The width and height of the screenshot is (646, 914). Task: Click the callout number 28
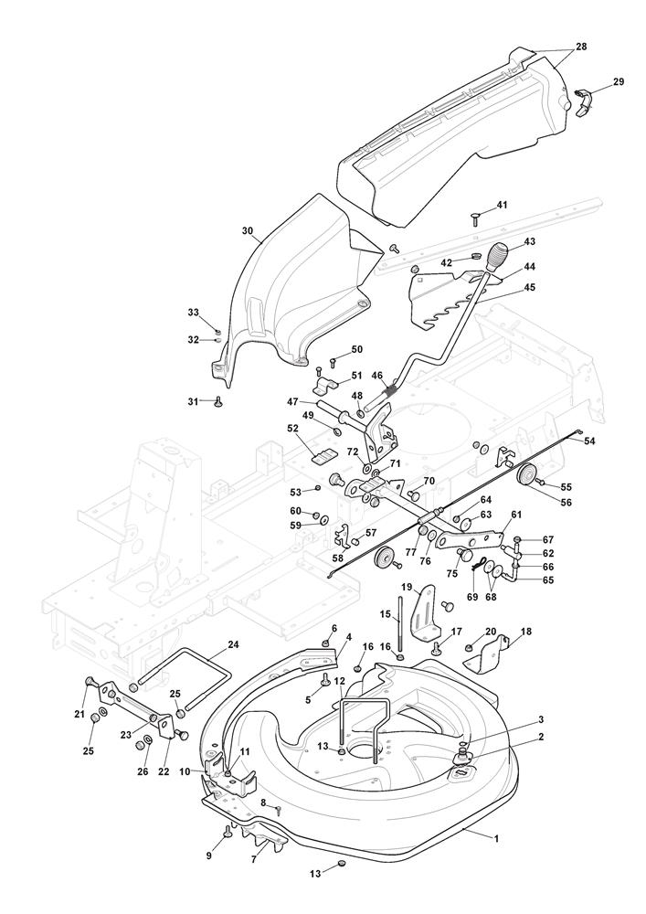(x=581, y=46)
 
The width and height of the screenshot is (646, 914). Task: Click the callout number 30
(x=248, y=231)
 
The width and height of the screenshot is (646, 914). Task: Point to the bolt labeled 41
(x=475, y=220)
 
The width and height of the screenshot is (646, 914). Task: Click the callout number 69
(x=472, y=597)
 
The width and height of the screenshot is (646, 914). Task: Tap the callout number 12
(x=340, y=680)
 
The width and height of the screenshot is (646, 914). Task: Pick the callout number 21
(x=79, y=715)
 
